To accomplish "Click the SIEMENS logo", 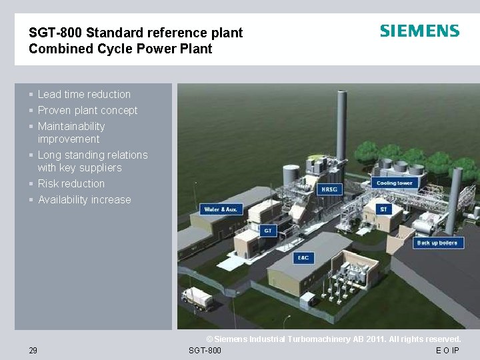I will [x=419, y=31].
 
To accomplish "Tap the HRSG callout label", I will [x=329, y=189].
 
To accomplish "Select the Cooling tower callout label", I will [x=394, y=183].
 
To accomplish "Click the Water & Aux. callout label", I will [x=221, y=209].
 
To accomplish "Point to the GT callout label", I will [x=267, y=231].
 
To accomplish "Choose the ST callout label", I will [x=383, y=209].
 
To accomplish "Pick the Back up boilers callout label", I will [x=437, y=243].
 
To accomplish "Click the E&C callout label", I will [x=303, y=257].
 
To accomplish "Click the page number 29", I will [x=33, y=351].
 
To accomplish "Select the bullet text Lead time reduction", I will [x=84, y=95].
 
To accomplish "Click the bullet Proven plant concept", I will [x=87, y=111].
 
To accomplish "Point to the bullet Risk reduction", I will [x=71, y=184].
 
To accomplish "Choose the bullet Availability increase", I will [x=85, y=200].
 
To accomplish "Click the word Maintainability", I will [x=71, y=127].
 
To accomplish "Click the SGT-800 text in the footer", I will [x=205, y=351].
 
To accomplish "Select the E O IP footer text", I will [x=447, y=351].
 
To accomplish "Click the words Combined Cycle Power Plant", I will [x=121, y=49].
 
